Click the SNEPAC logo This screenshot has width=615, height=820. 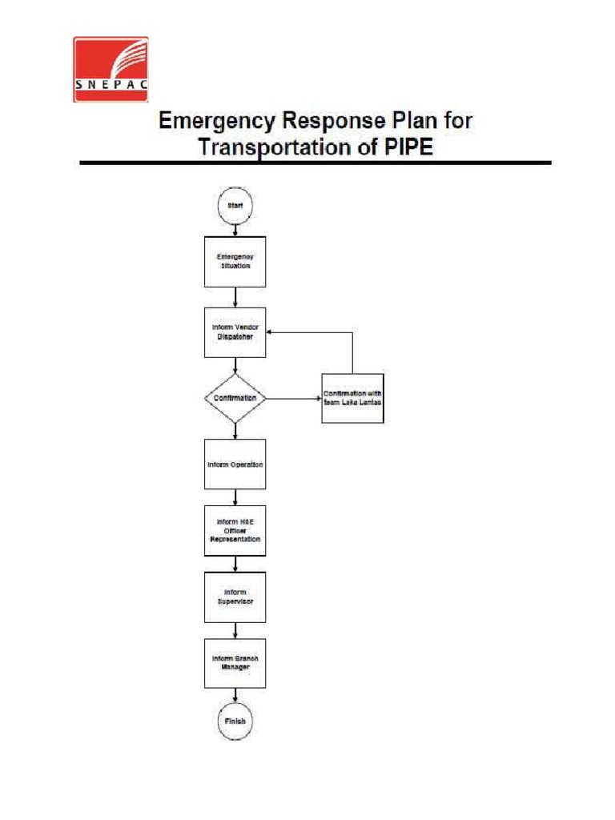[x=111, y=69]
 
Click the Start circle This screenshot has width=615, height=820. [x=235, y=205]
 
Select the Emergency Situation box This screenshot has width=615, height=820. [x=235, y=261]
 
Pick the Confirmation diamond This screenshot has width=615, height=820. [x=235, y=397]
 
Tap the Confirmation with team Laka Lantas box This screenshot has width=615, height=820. [x=352, y=398]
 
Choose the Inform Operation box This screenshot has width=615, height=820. [x=235, y=464]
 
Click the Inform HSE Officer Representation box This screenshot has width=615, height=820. [x=235, y=530]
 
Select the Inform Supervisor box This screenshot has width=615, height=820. [x=235, y=597]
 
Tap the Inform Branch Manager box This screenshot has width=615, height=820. [x=235, y=662]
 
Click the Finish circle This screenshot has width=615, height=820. [x=235, y=720]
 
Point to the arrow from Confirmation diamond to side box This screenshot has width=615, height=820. [x=293, y=398]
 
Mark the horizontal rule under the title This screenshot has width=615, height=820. [x=315, y=163]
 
